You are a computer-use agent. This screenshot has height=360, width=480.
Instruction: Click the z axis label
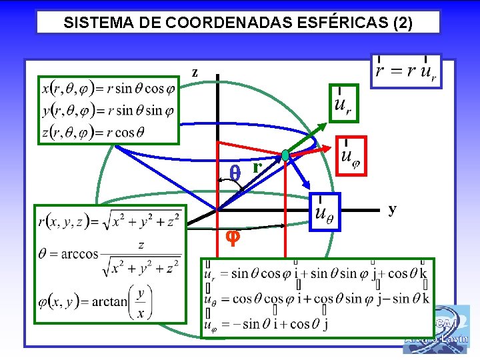[x=195, y=72]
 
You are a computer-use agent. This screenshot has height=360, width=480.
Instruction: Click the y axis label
[x=393, y=209]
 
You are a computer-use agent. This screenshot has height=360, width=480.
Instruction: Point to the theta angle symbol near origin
[x=234, y=172]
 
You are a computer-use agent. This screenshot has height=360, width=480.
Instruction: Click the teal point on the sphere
[x=286, y=155]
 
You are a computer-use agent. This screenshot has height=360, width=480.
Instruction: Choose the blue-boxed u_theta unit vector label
[x=324, y=211]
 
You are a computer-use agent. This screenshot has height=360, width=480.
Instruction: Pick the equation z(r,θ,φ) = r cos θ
[x=93, y=132]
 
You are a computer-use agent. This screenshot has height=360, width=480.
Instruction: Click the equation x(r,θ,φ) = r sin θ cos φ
[x=109, y=87]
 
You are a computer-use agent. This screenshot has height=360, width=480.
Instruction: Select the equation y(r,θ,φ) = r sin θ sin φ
[x=109, y=110]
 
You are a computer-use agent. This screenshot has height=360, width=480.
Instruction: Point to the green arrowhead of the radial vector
[x=324, y=126]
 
